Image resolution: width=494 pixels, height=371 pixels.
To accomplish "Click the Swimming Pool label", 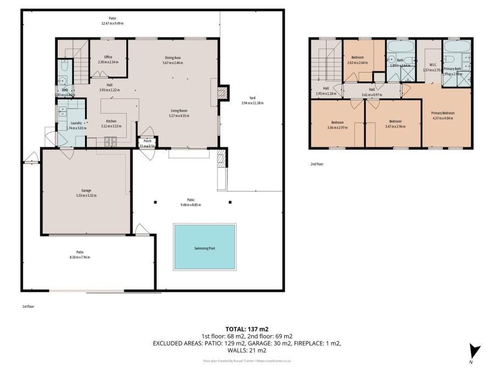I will (x=204, y=248).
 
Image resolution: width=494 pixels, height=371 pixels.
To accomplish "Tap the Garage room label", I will (x=86, y=190).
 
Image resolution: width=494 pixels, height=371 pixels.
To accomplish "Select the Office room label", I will (x=108, y=57).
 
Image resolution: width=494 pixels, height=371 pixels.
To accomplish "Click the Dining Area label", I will (x=173, y=57).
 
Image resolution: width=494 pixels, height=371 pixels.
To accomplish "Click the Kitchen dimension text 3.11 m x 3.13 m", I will (x=111, y=126).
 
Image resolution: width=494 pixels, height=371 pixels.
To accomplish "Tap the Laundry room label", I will (x=76, y=123).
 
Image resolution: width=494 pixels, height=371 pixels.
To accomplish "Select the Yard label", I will (x=252, y=98).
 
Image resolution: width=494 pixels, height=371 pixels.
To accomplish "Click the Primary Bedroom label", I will (x=444, y=112).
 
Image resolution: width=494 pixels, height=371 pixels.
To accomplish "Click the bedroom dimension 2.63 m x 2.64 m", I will (x=357, y=63).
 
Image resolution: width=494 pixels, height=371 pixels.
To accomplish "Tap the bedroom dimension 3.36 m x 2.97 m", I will (x=337, y=128).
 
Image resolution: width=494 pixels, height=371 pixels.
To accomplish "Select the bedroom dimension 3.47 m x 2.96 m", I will (x=395, y=127).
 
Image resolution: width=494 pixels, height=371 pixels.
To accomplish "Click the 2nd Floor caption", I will (x=317, y=164).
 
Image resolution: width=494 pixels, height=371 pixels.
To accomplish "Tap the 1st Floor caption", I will (x=28, y=307).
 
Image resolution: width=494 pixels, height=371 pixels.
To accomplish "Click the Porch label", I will (x=148, y=141).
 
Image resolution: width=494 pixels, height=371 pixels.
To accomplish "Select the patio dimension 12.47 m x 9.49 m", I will (x=112, y=24).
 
